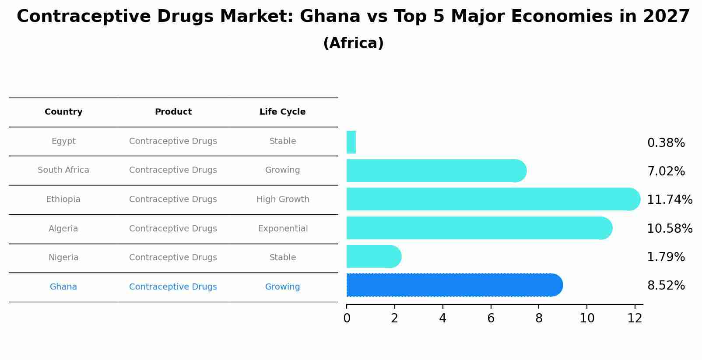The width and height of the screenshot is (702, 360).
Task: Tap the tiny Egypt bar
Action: (x=351, y=142)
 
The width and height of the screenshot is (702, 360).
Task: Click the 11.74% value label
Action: (x=669, y=200)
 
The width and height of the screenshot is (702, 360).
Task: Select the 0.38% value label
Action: (x=666, y=143)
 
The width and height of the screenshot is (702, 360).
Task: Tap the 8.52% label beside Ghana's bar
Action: (x=666, y=286)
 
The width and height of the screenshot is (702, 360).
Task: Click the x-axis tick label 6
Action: (x=491, y=318)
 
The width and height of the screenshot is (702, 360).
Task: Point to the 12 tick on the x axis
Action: (x=635, y=318)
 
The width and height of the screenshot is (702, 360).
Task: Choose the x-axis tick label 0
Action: (x=347, y=318)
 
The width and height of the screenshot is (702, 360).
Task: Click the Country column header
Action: (x=63, y=112)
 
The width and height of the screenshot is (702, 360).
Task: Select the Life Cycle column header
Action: (x=282, y=112)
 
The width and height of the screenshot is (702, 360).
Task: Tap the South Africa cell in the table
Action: (x=63, y=170)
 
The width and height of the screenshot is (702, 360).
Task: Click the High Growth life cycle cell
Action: (x=283, y=199)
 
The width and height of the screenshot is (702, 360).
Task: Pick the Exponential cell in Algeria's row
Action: (x=283, y=229)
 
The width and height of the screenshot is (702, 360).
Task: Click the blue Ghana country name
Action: (x=63, y=287)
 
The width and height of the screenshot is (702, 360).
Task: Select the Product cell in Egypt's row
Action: (x=173, y=141)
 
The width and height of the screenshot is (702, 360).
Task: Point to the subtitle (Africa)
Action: (x=353, y=43)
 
